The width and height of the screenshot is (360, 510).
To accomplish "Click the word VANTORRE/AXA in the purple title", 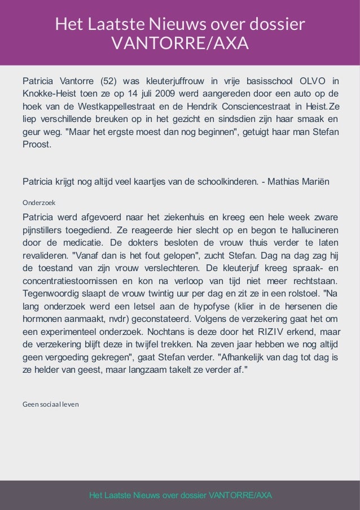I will (180, 43).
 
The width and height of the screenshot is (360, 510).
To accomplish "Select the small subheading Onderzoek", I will (38, 202).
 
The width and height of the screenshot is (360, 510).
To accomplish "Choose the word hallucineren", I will (309, 231).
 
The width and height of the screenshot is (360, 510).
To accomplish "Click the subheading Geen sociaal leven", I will (50, 404).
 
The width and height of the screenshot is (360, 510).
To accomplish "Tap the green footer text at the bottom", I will (181, 495).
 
